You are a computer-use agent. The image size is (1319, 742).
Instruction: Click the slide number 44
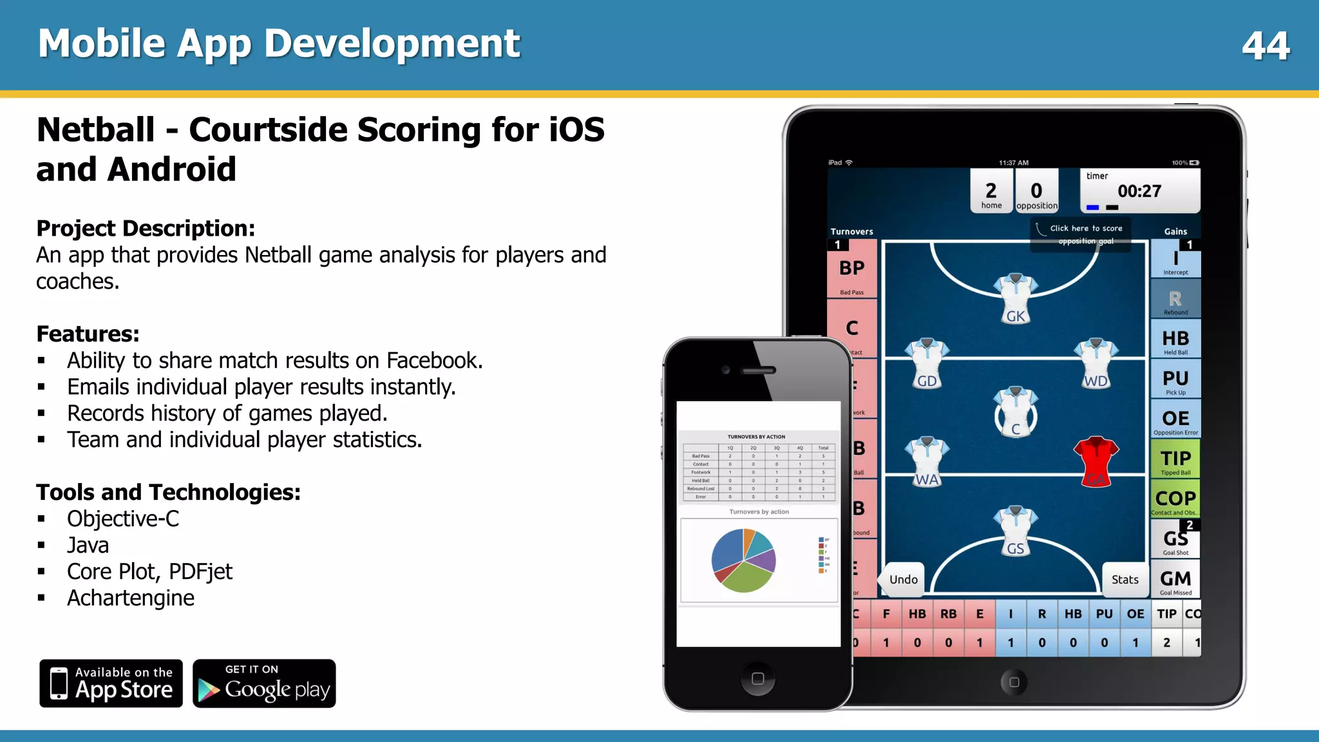pos(1266,46)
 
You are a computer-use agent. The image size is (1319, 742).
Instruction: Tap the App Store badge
pos(111,683)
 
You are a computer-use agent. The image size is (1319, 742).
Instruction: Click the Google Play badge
pos(264,683)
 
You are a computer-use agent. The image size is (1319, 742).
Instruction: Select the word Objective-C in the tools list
pos(123,519)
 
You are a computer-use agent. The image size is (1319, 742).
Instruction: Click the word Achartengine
pos(131,598)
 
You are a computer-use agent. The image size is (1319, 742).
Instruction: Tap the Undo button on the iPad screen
pos(903,580)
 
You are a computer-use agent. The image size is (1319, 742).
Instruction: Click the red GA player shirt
pos(1096,461)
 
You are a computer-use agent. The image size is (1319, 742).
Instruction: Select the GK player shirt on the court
pos(1015,296)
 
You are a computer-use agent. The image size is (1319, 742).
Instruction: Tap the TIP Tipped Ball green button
pos(1175,461)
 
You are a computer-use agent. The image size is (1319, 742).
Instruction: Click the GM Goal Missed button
pos(1175,581)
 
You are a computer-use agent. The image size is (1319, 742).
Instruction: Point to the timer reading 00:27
pos(1139,191)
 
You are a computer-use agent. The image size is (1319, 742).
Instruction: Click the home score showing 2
pos(991,191)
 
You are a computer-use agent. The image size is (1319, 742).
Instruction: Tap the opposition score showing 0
pos(1036,191)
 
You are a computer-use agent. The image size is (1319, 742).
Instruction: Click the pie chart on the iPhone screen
pos(743,560)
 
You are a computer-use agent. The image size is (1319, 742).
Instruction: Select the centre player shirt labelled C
pos(1015,412)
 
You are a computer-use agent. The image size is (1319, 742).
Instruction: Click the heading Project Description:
pos(146,229)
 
